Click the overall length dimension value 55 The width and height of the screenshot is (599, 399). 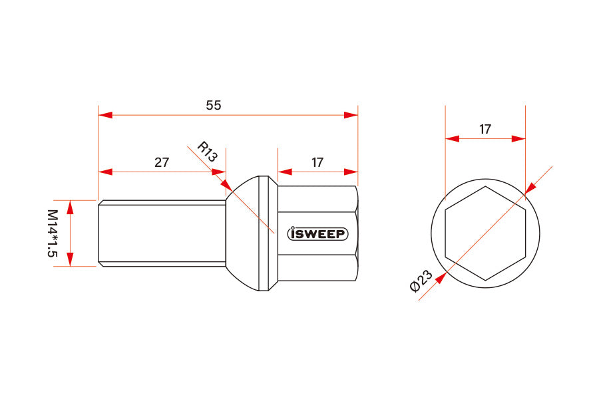(x=213, y=105)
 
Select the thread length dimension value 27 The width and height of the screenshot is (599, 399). (x=162, y=162)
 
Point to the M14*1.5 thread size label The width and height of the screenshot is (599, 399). (x=51, y=233)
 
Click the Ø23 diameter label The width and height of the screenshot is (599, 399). (x=421, y=281)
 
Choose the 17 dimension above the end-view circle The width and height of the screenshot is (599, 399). (x=485, y=129)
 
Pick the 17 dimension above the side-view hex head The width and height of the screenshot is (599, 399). (x=317, y=162)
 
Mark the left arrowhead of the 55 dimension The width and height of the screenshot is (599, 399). (x=105, y=115)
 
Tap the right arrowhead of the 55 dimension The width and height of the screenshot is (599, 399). (x=351, y=115)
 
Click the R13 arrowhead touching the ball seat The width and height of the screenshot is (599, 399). (x=226, y=184)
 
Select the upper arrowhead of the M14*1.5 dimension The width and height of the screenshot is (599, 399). (x=71, y=206)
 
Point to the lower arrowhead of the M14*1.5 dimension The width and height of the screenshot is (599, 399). (x=71, y=260)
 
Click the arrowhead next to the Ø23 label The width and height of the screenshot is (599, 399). (x=440, y=278)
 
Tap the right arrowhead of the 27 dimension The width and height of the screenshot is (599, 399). (x=219, y=172)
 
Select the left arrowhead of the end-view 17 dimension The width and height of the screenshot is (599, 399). (x=452, y=139)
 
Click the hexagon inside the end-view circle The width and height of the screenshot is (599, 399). (x=485, y=233)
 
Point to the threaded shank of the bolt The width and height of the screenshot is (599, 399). (x=160, y=233)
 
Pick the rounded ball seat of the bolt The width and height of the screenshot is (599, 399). (x=243, y=233)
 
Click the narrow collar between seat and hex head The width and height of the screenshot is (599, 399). (x=263, y=233)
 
